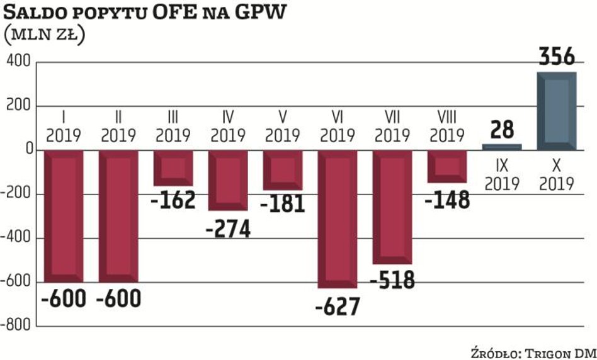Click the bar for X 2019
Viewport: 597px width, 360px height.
pos(557,111)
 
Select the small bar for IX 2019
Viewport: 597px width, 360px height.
pos(503,147)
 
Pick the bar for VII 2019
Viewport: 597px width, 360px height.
pos(392,207)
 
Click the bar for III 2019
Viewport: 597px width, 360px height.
pos(173,168)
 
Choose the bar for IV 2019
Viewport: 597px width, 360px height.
pos(228,181)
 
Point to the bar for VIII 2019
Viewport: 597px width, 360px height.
pos(446,166)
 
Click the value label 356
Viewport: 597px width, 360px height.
pos(557,57)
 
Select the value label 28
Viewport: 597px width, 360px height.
pos(503,130)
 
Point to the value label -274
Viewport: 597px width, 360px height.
pos(228,228)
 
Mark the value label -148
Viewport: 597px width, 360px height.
pos(446,200)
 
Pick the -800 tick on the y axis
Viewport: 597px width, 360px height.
pos(16,326)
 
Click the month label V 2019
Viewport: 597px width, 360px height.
pos(283,127)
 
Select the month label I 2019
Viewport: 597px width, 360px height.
pos(64,127)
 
